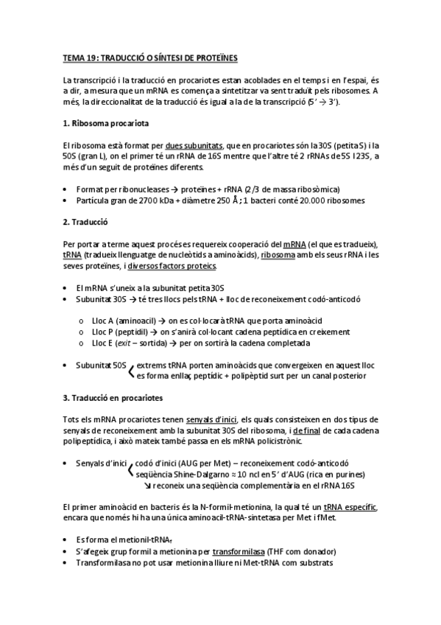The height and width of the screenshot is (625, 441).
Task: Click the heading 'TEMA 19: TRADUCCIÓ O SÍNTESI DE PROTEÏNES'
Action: point(150,57)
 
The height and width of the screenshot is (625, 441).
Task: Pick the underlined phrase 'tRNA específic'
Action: point(350,508)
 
